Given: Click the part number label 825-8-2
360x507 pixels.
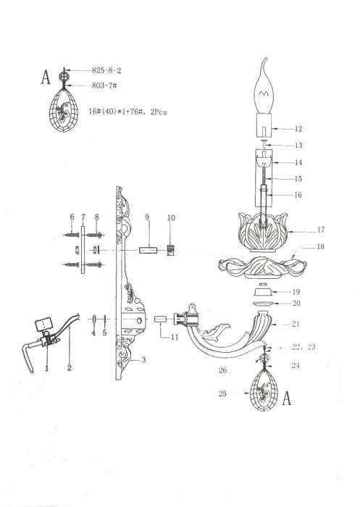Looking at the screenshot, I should (x=106, y=71).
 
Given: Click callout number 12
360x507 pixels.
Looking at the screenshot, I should (x=298, y=129).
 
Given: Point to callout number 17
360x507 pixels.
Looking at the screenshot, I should (x=320, y=230).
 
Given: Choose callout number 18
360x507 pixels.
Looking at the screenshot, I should (x=320, y=248).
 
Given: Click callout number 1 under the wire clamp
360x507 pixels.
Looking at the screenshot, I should (x=46, y=368).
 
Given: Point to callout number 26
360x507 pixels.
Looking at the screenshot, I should (x=223, y=370).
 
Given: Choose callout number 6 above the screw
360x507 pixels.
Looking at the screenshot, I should (x=72, y=217).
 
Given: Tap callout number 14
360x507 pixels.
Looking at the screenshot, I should (x=298, y=162).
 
